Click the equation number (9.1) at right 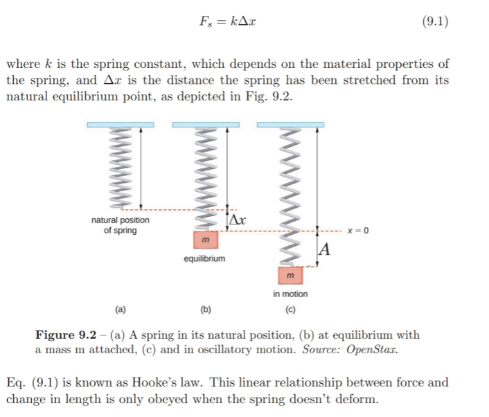click(x=434, y=21)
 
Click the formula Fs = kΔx click(x=229, y=21)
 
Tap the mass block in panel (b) click(x=206, y=240)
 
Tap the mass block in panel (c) click(x=291, y=276)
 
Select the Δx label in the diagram click(x=238, y=220)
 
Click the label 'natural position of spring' click(x=120, y=225)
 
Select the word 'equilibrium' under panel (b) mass click(x=204, y=259)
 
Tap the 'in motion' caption click(x=290, y=294)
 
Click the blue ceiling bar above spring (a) click(x=120, y=125)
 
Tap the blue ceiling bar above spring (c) click(x=290, y=125)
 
